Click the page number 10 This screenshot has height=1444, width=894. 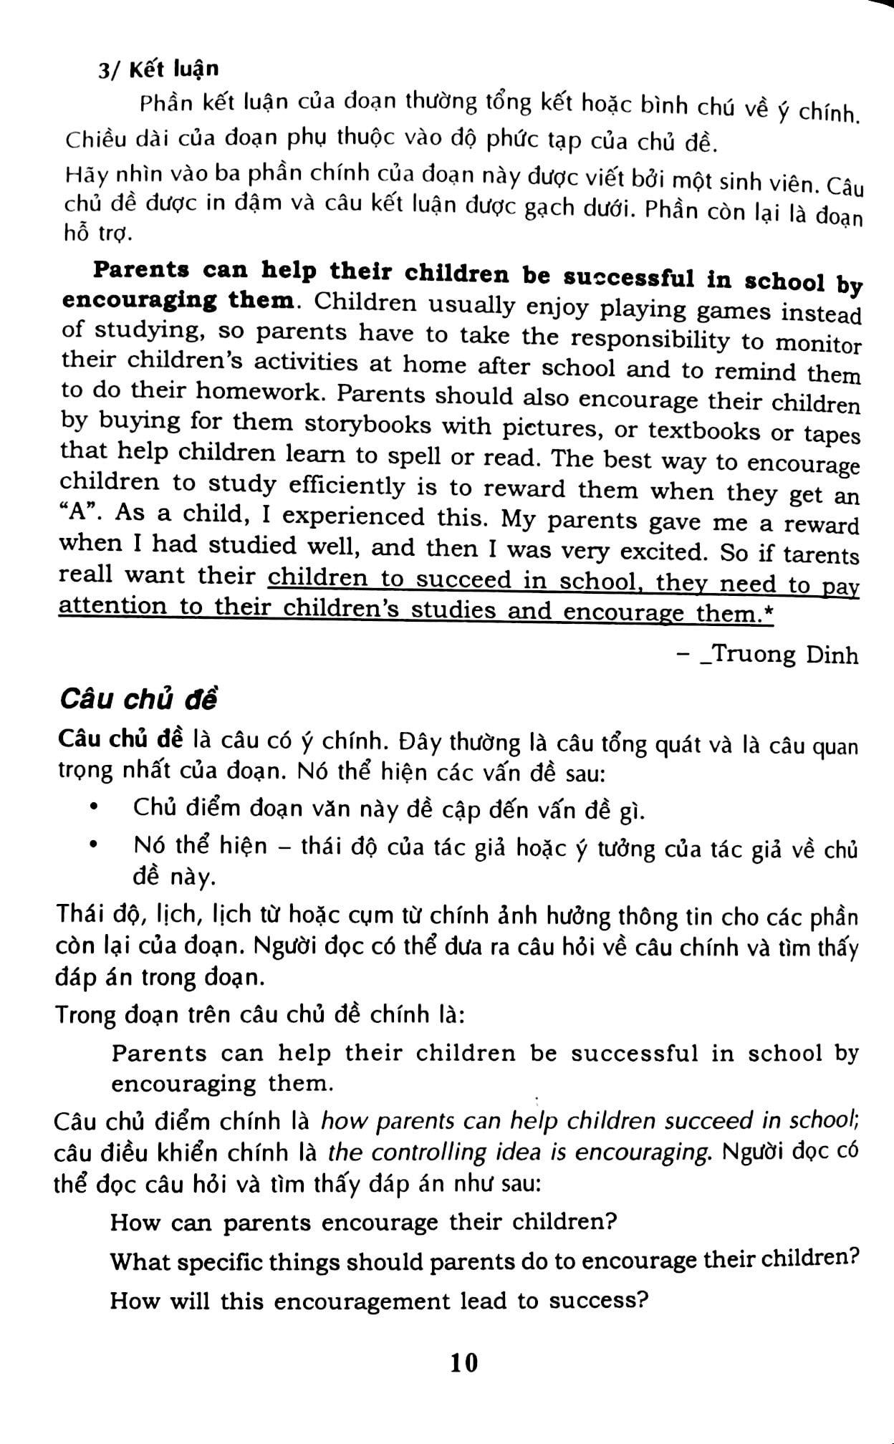pyautogui.click(x=464, y=1362)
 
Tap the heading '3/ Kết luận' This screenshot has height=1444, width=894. pyautogui.click(x=158, y=69)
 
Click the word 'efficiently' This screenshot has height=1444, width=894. pyautogui.click(x=347, y=486)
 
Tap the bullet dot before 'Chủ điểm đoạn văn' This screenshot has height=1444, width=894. pyautogui.click(x=94, y=807)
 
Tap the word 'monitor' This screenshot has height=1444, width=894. pyautogui.click(x=818, y=345)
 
